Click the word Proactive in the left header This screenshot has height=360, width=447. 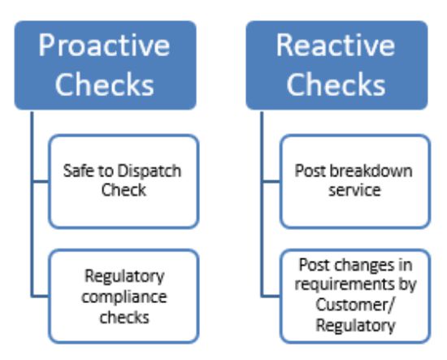[x=104, y=46]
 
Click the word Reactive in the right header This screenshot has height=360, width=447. [x=336, y=45]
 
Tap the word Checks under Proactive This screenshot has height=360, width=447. [x=105, y=84]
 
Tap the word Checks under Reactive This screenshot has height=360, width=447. [x=336, y=84]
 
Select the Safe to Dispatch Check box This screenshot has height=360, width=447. [x=124, y=181]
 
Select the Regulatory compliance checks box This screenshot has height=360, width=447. [x=124, y=296]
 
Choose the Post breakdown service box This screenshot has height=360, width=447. [x=355, y=181]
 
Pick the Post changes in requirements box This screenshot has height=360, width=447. [x=355, y=296]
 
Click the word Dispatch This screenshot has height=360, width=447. [x=149, y=171]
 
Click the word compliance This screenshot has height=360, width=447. [x=124, y=297]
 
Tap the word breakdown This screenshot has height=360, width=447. [x=371, y=171]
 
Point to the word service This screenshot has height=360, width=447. [x=354, y=190]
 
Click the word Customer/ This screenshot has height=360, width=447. [x=355, y=305]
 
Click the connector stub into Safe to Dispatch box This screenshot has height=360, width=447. [x=41, y=181]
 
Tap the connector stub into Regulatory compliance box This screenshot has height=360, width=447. [x=40, y=296]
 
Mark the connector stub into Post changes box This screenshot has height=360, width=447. [x=271, y=296]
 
